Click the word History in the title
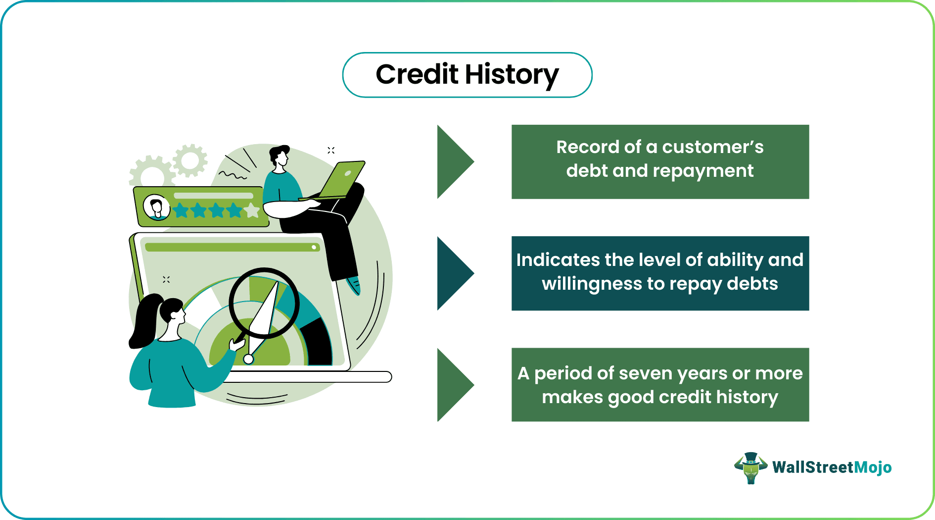click(512, 75)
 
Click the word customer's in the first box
click(713, 147)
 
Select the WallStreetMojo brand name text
click(832, 468)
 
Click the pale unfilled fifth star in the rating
click(252, 210)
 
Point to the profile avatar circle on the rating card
click(157, 207)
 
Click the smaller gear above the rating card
click(190, 160)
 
